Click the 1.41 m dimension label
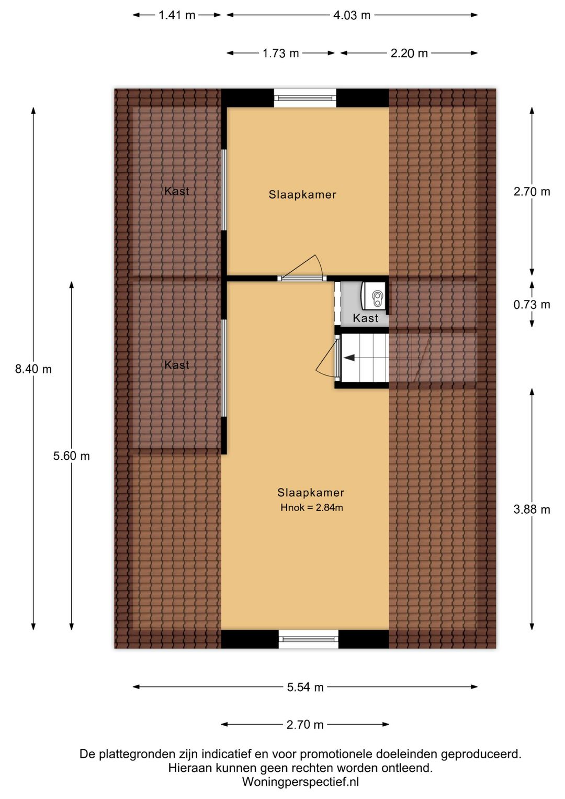tap(177, 15)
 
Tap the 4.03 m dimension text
tap(352, 15)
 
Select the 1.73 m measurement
tap(280, 53)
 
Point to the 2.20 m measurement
tap(409, 53)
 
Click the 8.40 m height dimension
tap(33, 369)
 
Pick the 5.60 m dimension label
tap(71, 456)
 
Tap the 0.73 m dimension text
tap(532, 304)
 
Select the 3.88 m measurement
tap(532, 509)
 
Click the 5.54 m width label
tap(305, 687)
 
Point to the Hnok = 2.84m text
tap(312, 507)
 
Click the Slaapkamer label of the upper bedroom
tap(302, 195)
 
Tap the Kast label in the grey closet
tap(365, 318)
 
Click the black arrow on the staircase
tap(348, 357)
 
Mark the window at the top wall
tap(305, 98)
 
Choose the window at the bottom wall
tap(308, 639)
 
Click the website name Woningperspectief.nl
tap(300, 782)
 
